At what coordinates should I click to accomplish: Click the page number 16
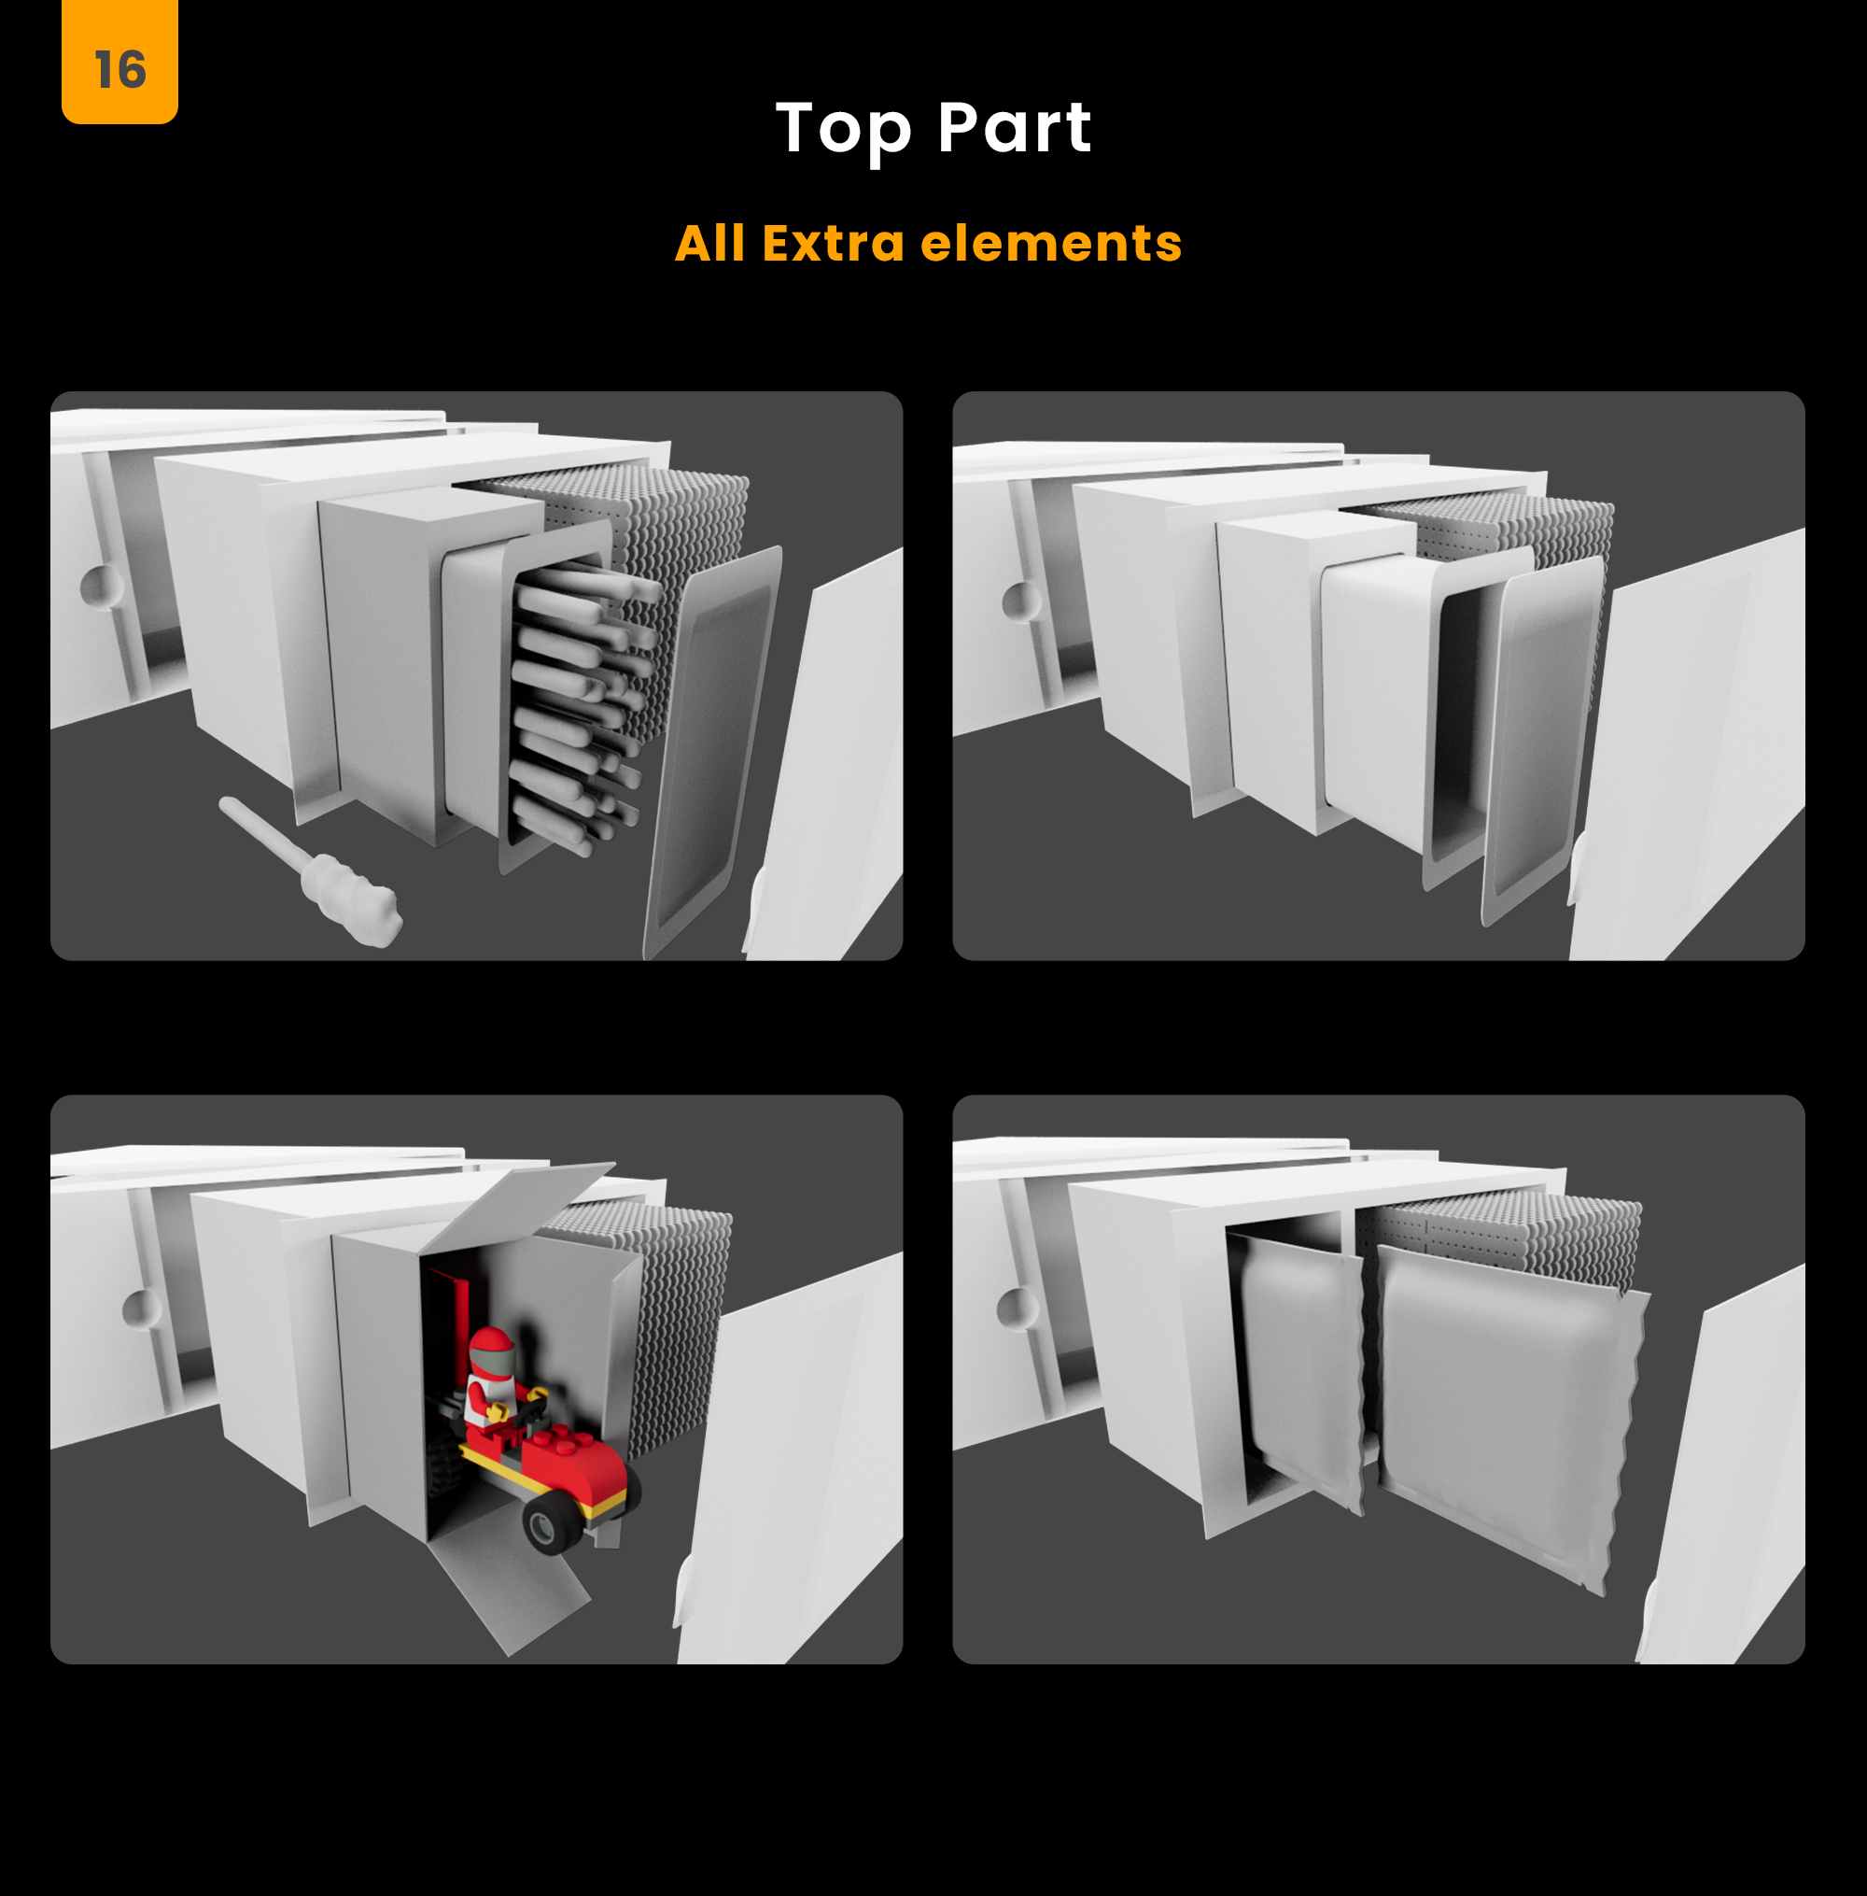point(120,71)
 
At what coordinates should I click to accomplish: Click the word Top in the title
point(844,130)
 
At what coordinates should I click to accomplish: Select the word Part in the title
point(1014,128)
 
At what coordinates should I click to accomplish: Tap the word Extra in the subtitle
point(834,243)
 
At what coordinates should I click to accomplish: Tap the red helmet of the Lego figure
point(490,1351)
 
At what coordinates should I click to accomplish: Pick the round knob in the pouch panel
point(1017,1308)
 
